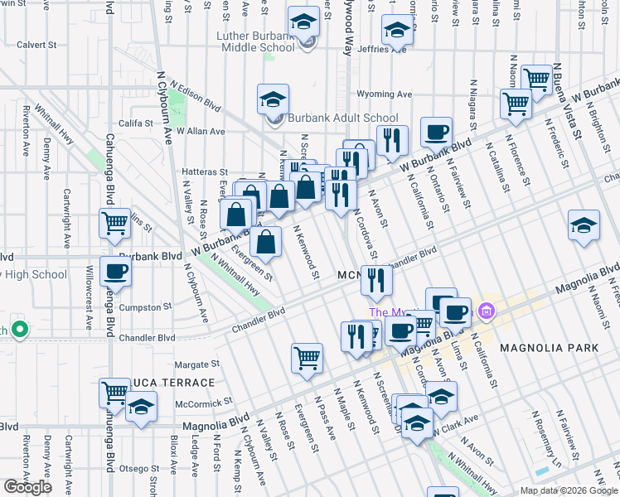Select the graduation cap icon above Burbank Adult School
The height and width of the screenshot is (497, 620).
[x=273, y=101]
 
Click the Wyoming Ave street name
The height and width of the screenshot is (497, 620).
[x=385, y=94]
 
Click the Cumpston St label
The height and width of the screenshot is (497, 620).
[x=146, y=306]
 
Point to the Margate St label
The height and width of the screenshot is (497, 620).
[x=197, y=364]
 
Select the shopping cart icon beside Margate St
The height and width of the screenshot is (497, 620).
[x=307, y=359]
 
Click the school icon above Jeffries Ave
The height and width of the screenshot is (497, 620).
[x=398, y=31]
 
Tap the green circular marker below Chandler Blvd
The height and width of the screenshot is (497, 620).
[x=19, y=330]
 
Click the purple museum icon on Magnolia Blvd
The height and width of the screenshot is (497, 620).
[x=486, y=313]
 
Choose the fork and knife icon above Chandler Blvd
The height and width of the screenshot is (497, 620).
[x=376, y=282]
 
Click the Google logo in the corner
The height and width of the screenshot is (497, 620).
[x=27, y=487]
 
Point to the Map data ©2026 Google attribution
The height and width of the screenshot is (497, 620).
[x=568, y=490]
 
